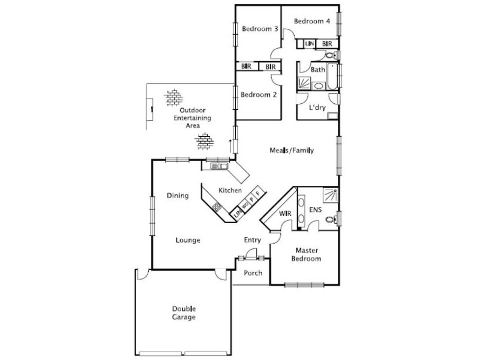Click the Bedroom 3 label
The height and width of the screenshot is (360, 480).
[x=259, y=28]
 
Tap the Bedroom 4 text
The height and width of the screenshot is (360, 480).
[x=311, y=21]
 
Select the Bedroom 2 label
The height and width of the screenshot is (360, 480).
[x=258, y=94]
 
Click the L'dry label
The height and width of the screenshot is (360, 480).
[x=317, y=109]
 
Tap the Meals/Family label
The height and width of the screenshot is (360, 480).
[x=292, y=151]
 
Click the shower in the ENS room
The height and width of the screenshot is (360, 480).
[x=329, y=194]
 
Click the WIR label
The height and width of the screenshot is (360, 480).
[x=286, y=214]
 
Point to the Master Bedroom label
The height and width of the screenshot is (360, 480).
[x=306, y=254]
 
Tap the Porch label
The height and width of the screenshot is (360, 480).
[x=253, y=273]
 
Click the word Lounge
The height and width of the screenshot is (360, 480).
[x=188, y=240]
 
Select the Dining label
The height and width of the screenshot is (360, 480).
[x=178, y=195]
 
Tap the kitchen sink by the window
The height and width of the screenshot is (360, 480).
[x=217, y=167]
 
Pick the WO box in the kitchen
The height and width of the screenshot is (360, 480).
[x=245, y=204]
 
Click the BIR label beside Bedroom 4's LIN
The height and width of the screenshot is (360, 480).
[x=327, y=44]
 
